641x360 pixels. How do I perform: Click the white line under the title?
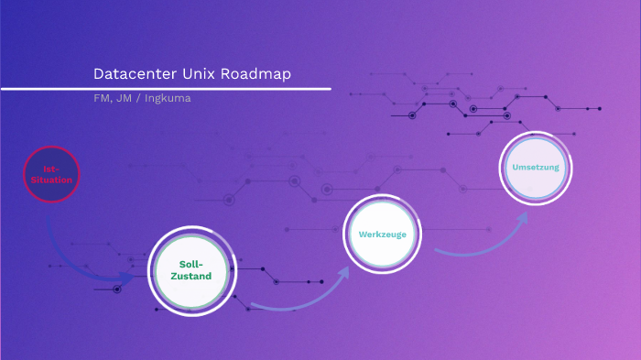click(165, 89)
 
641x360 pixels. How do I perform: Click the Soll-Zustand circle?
click(191, 270)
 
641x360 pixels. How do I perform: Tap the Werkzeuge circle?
click(382, 235)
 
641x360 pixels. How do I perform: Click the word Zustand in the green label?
click(191, 277)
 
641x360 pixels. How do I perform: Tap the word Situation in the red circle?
click(51, 180)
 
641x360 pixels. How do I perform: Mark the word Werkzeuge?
click(382, 235)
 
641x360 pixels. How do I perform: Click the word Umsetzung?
click(536, 169)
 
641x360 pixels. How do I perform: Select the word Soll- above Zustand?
click(191, 264)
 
